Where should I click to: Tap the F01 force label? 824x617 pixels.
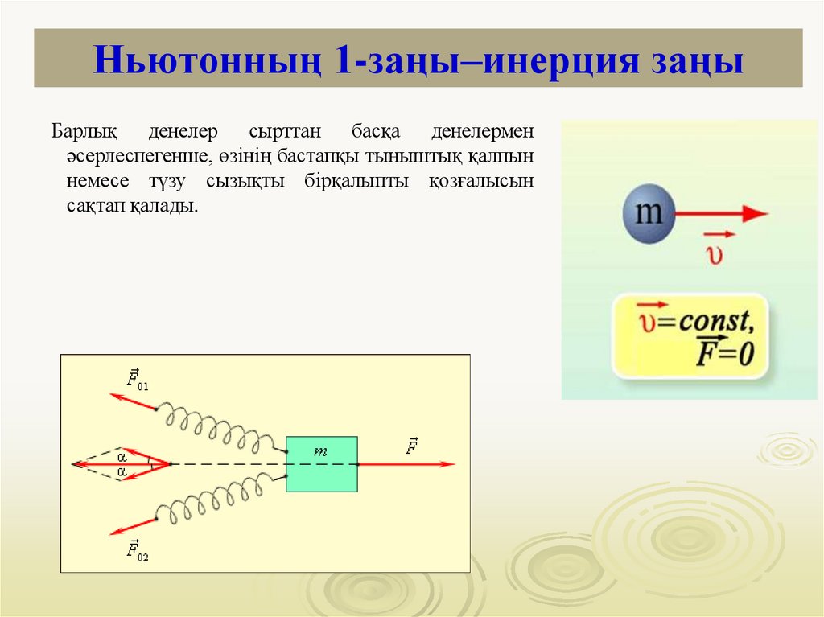(x=138, y=379)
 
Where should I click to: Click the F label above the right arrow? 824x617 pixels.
(x=412, y=446)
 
